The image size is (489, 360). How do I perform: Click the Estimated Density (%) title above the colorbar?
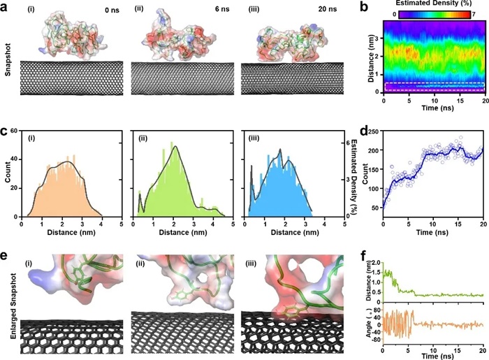[431, 4]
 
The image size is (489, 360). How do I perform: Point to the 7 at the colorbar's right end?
[474, 13]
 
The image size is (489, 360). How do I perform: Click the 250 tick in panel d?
[376, 132]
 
